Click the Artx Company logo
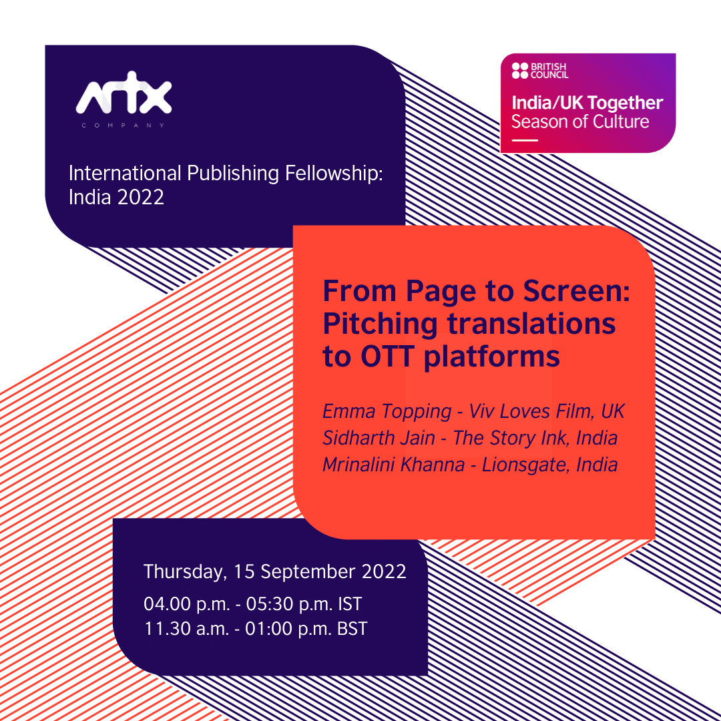[x=124, y=100]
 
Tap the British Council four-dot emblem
[x=519, y=71]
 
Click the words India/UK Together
[x=587, y=103]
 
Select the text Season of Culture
[x=579, y=122]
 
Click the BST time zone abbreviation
[x=352, y=629]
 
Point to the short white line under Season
[x=525, y=140]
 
